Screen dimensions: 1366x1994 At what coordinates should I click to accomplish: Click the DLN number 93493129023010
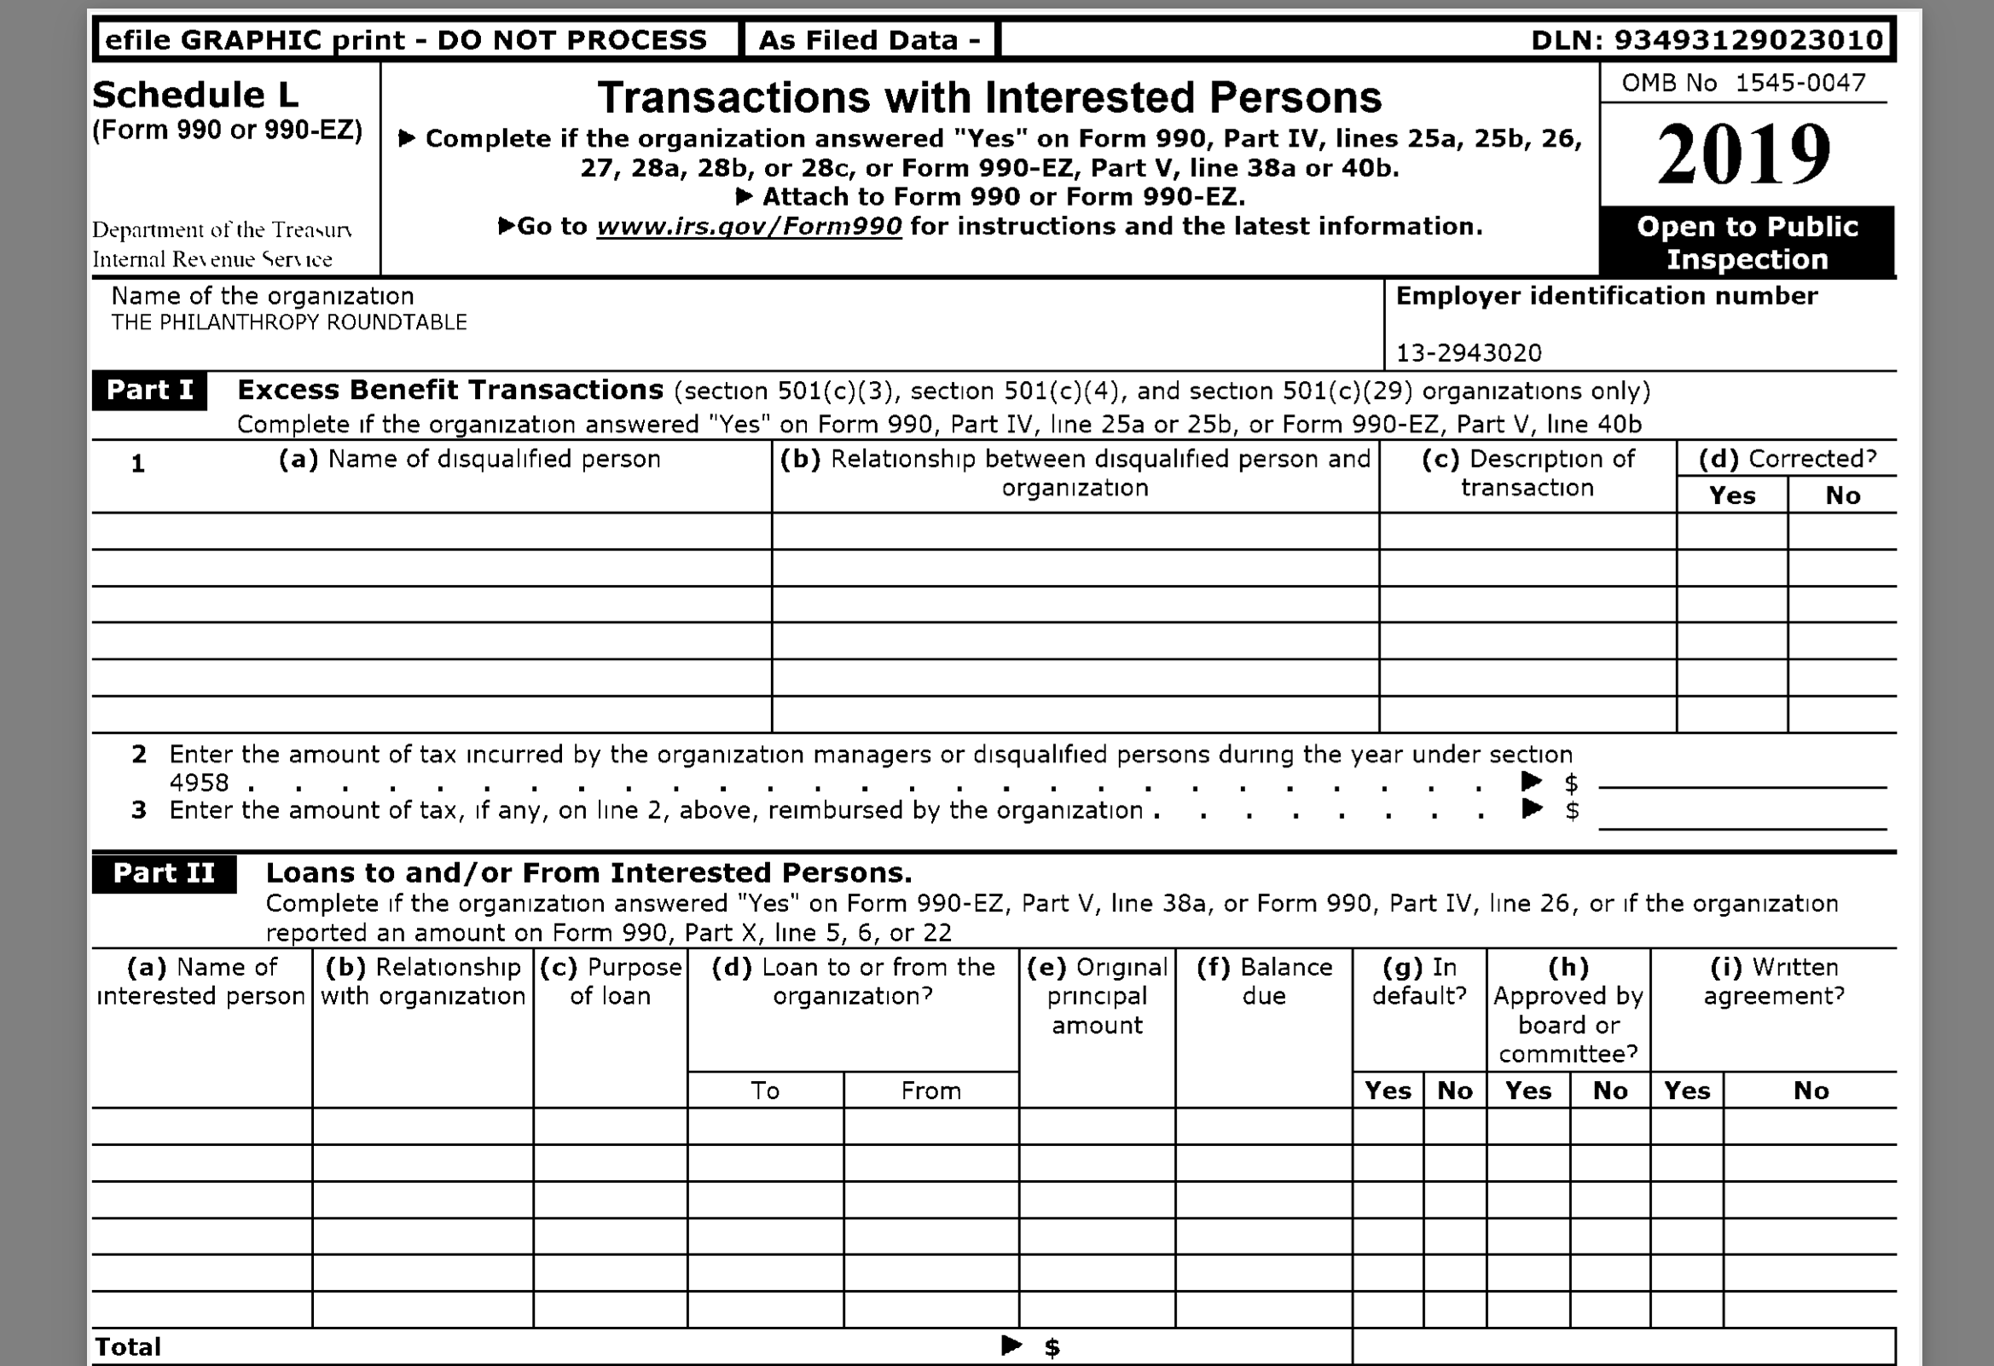pyautogui.click(x=1748, y=39)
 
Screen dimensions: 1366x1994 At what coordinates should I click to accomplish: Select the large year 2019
pyautogui.click(x=1743, y=154)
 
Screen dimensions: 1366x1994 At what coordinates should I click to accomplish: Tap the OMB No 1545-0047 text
pyautogui.click(x=1743, y=84)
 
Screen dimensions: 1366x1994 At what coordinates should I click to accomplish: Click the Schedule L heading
pyautogui.click(x=195, y=96)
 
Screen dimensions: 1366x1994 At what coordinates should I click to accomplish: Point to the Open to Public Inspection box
pyautogui.click(x=1747, y=242)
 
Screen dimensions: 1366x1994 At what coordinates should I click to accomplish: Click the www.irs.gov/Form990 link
pyautogui.click(x=748, y=227)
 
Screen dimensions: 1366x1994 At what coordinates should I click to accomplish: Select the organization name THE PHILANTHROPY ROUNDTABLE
pyautogui.click(x=289, y=322)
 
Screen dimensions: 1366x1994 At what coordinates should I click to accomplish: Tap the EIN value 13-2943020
pyautogui.click(x=1469, y=353)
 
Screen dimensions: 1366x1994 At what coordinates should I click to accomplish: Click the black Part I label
pyautogui.click(x=149, y=391)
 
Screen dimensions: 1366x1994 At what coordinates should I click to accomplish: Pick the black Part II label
pyautogui.click(x=164, y=873)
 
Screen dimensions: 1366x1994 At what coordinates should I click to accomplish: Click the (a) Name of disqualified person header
pyautogui.click(x=469, y=459)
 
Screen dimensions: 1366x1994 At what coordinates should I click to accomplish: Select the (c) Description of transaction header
pyautogui.click(x=1527, y=472)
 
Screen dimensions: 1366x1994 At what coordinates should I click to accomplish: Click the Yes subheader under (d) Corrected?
pyautogui.click(x=1731, y=496)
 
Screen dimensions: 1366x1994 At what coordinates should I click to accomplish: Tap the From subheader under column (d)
pyautogui.click(x=930, y=1091)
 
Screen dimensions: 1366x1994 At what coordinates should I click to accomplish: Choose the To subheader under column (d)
pyautogui.click(x=764, y=1091)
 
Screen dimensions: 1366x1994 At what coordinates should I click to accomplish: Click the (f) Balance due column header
pyautogui.click(x=1264, y=981)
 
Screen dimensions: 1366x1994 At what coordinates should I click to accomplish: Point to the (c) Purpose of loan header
pyautogui.click(x=610, y=981)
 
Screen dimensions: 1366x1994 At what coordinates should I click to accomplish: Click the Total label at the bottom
pyautogui.click(x=128, y=1347)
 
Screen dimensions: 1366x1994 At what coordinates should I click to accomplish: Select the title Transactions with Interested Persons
pyautogui.click(x=989, y=97)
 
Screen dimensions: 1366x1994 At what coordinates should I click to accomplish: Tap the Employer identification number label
pyautogui.click(x=1606, y=296)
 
